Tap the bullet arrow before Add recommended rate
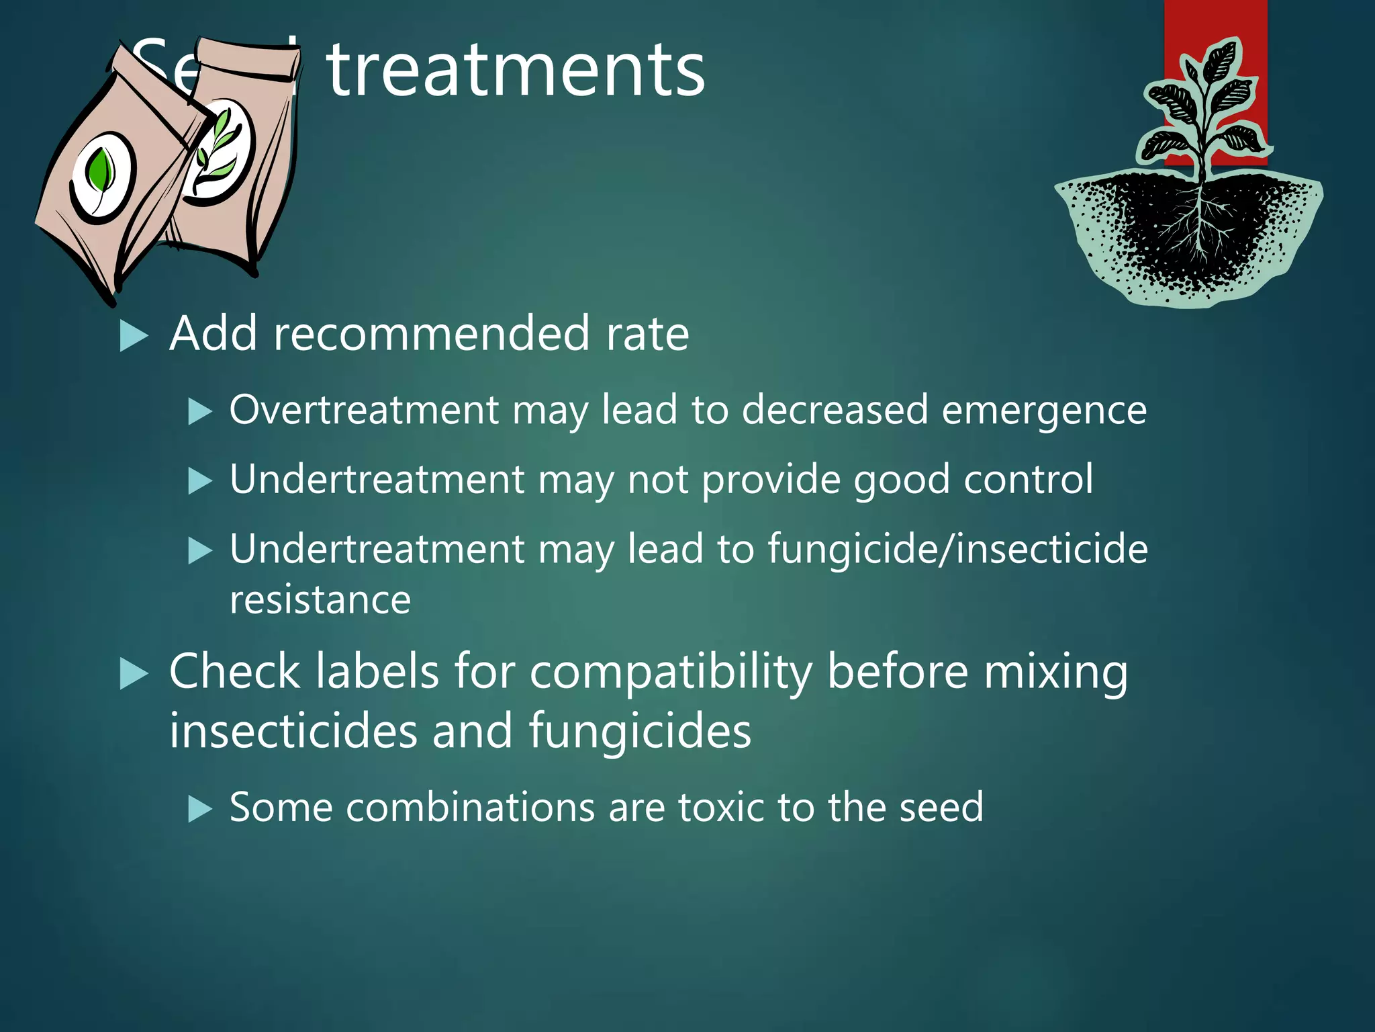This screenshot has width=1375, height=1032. point(133,336)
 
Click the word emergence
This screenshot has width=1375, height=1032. point(1044,411)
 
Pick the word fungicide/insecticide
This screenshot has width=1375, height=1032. point(957,549)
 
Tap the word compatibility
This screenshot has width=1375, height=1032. point(671,673)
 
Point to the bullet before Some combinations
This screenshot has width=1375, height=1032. point(200,809)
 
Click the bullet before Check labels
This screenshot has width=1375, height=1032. point(133,674)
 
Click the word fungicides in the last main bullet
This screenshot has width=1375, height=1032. point(640,731)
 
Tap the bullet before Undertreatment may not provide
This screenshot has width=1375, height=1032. point(200,481)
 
